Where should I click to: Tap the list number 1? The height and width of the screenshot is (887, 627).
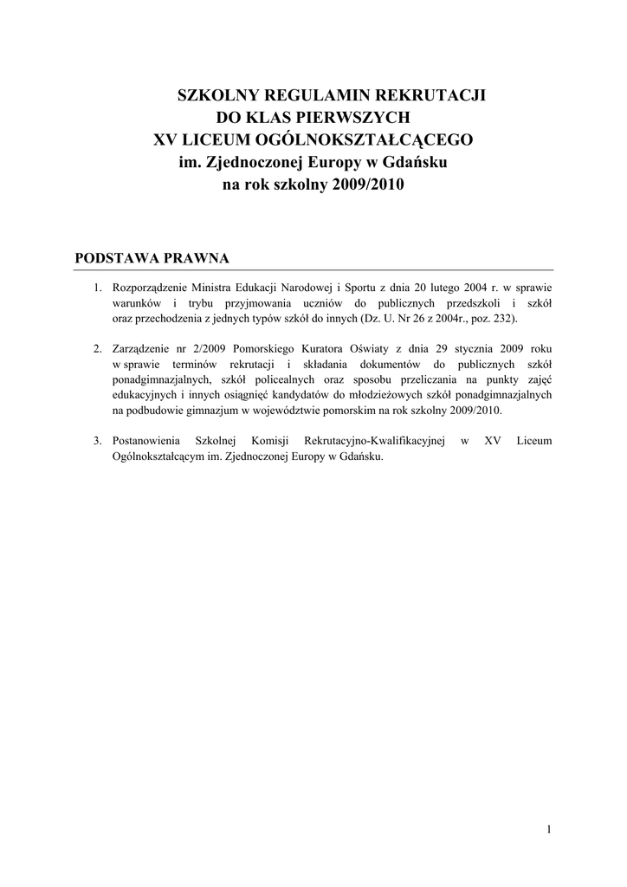point(97,288)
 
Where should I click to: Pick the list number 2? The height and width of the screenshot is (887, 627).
point(97,349)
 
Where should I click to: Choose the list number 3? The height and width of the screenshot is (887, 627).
point(97,441)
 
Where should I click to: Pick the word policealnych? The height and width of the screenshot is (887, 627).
point(279,379)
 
